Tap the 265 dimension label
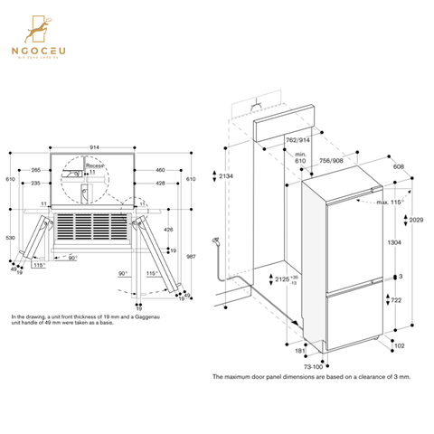point(34,169)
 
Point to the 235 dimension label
point(34,183)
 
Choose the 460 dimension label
point(159,169)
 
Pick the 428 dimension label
point(159,183)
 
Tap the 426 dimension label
point(167,229)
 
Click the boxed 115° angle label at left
point(38,266)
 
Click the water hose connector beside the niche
point(215,241)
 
